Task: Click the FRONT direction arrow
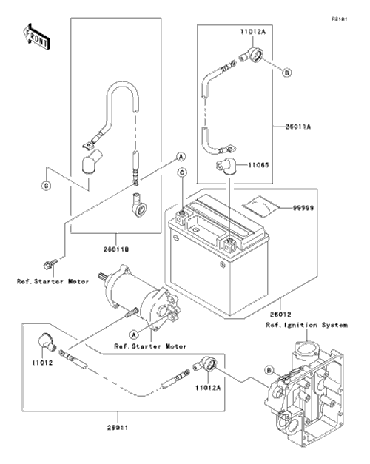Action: click(36, 36)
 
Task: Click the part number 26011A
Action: click(298, 127)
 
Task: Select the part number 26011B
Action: click(116, 249)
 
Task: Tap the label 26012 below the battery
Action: click(280, 315)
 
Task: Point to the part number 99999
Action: click(303, 208)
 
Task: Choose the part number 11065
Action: click(258, 165)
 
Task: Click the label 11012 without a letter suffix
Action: click(42, 363)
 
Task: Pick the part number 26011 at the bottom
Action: click(118, 428)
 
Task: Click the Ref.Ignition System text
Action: click(306, 325)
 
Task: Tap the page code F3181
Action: click(339, 19)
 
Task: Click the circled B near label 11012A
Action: click(287, 73)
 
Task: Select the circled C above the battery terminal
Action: click(182, 172)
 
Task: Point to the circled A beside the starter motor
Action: click(134, 335)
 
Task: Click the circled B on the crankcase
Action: click(269, 370)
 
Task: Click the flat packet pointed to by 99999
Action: click(260, 205)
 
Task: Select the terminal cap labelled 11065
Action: click(225, 167)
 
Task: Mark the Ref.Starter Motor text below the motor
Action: click(150, 346)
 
